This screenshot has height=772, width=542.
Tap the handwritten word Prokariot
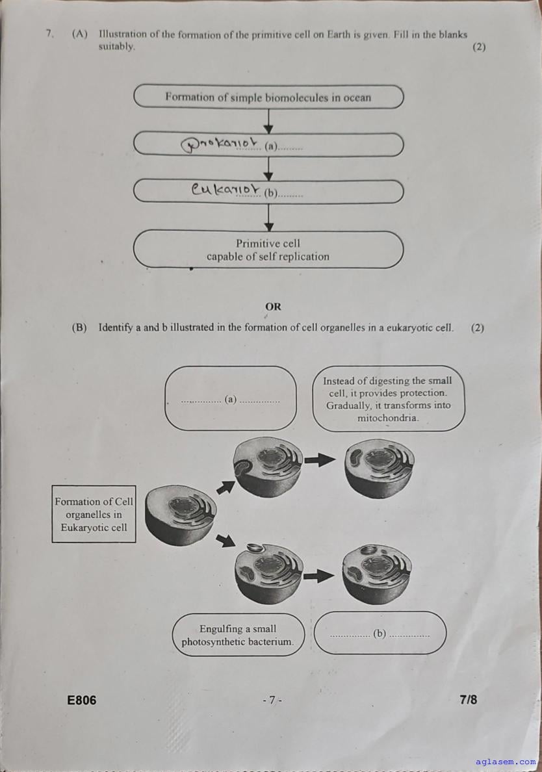tap(220, 144)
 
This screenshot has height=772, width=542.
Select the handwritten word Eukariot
tap(224, 190)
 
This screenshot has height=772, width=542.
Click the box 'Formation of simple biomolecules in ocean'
tap(268, 97)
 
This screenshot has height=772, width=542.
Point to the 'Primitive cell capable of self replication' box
tap(268, 250)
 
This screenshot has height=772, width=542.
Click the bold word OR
tap(273, 306)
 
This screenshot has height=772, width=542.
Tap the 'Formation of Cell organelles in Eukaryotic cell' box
tap(94, 514)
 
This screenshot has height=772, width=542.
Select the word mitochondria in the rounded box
tap(388, 418)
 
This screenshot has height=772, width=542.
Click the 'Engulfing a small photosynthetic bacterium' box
tap(238, 636)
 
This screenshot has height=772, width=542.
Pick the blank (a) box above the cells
tap(230, 398)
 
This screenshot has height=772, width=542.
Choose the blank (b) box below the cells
tap(380, 633)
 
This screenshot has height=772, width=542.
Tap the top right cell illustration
tap(379, 467)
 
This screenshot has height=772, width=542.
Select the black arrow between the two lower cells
tap(319, 575)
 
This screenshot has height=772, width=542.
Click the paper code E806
tap(82, 700)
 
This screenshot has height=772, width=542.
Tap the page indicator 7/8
tap(468, 699)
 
